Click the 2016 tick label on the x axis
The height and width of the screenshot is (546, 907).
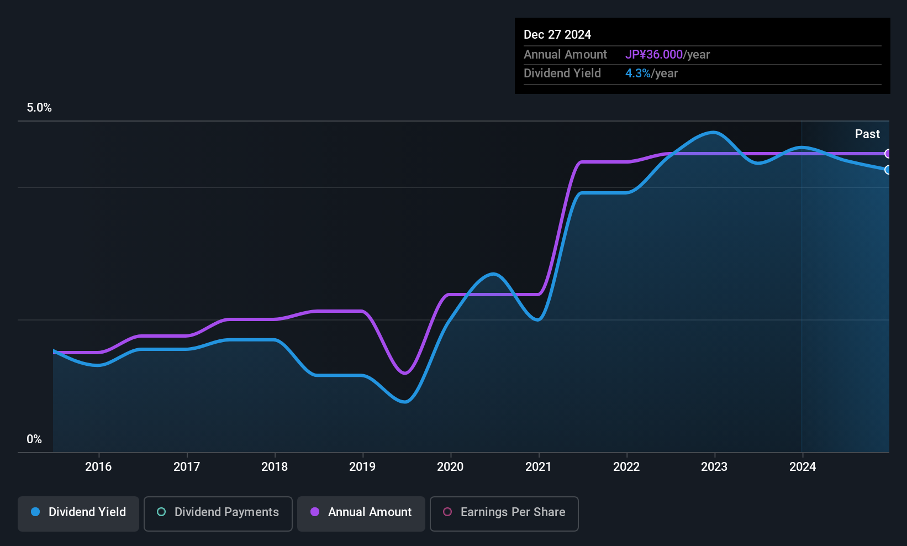tap(98, 466)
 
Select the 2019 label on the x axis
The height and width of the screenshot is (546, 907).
tap(362, 466)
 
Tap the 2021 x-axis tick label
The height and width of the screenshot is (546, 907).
tap(538, 466)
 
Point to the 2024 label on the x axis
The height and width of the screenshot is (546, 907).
tap(802, 466)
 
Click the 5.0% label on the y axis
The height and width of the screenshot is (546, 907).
tap(39, 108)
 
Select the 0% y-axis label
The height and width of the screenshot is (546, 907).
tap(34, 439)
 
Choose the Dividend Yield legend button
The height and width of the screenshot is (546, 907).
tap(78, 512)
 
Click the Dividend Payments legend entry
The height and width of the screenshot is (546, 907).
tap(218, 512)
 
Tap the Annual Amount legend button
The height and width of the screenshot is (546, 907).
tap(361, 512)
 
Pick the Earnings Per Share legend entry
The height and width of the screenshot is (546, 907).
tap(504, 512)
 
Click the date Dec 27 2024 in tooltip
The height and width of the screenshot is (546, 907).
tap(557, 34)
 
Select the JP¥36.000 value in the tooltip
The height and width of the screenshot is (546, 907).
tap(654, 54)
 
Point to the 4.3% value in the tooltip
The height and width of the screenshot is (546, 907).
tap(638, 73)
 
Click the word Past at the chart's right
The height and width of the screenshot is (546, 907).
tap(867, 134)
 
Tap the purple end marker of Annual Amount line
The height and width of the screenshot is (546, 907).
tap(888, 154)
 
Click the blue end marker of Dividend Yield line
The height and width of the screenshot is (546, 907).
tap(888, 170)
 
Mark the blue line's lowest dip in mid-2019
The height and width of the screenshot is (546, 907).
tap(405, 402)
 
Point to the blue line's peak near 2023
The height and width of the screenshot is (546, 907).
tap(714, 132)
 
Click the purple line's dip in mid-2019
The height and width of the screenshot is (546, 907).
tap(405, 373)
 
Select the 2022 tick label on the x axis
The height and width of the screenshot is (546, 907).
tap(626, 466)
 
